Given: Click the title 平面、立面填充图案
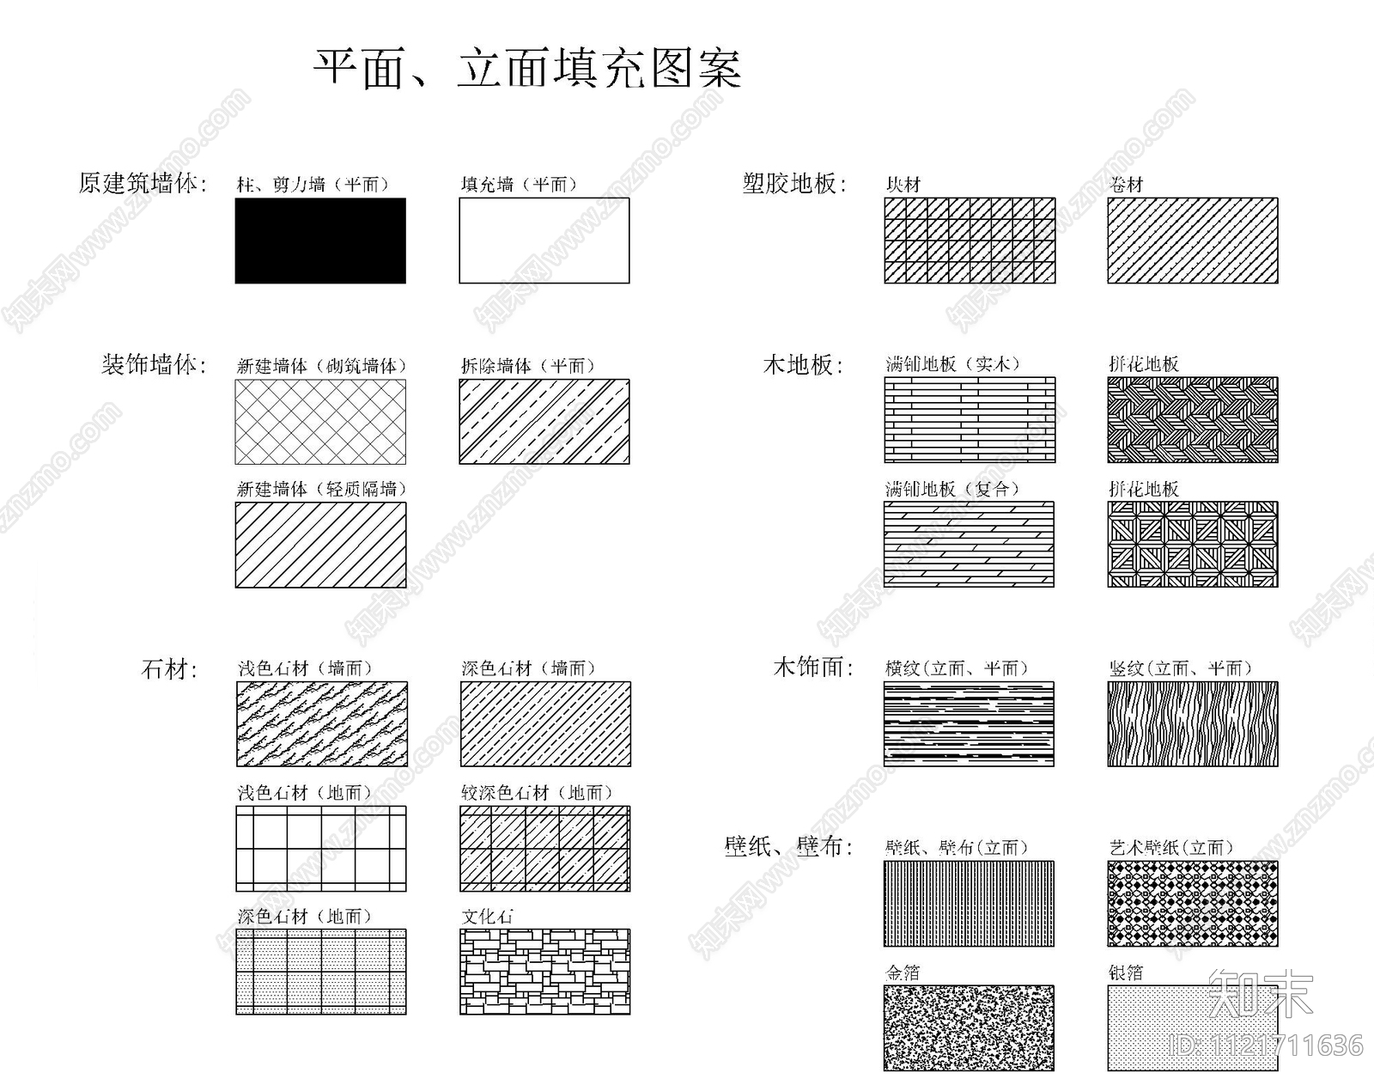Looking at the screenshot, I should (x=526, y=69).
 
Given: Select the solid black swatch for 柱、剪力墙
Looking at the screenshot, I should (x=320, y=241).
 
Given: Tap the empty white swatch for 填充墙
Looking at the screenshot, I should (x=544, y=241).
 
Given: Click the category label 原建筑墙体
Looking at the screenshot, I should (x=143, y=183).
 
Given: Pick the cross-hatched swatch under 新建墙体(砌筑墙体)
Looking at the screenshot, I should (x=320, y=422).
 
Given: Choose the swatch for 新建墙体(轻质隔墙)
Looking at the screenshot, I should (x=320, y=545).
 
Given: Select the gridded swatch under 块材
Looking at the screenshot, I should (x=970, y=241).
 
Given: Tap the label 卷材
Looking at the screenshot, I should (x=1126, y=185).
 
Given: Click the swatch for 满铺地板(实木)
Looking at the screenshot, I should (x=970, y=420).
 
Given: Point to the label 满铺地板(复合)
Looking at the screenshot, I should (x=952, y=489).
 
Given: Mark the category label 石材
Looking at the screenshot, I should (x=169, y=668).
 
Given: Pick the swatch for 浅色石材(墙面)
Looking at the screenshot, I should (x=322, y=724).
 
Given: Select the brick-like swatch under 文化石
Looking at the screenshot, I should (x=544, y=972).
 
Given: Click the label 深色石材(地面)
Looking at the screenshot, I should (x=305, y=917).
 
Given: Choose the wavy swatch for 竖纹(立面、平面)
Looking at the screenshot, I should (x=1192, y=724).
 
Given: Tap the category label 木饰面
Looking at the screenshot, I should (x=812, y=668).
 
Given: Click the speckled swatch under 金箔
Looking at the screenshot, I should (x=969, y=1027).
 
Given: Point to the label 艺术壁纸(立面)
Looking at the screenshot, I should (x=1171, y=848).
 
